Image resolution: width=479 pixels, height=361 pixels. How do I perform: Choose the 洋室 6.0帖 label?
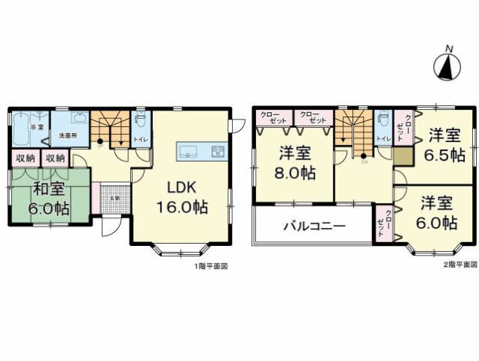438,213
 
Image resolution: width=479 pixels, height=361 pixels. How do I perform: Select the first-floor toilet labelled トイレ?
140,127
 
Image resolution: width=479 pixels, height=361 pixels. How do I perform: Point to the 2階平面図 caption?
459,265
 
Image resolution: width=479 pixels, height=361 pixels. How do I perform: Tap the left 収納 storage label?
24,159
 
